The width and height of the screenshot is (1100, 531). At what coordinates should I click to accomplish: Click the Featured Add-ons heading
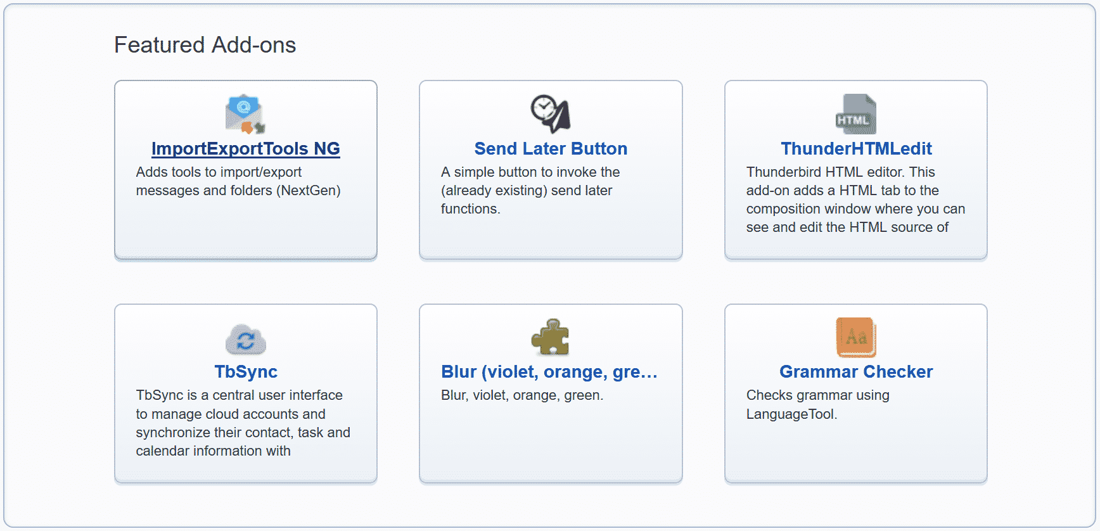tap(205, 45)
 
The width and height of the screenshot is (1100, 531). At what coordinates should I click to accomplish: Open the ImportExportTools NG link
tap(246, 148)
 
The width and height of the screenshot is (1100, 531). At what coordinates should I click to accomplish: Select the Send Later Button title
tap(551, 148)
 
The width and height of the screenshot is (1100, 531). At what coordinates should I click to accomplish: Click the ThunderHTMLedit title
tap(856, 148)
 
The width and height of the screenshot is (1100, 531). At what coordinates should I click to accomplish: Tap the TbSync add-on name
tap(246, 371)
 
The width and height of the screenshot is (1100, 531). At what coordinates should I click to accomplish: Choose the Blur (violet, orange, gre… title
tap(549, 371)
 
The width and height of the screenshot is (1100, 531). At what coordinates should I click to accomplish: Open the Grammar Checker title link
tap(856, 371)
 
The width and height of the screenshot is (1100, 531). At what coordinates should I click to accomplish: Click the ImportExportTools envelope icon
tap(245, 114)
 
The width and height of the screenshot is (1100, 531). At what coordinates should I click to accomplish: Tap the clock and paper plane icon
tap(551, 114)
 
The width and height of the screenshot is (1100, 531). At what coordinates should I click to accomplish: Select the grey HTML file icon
tap(856, 114)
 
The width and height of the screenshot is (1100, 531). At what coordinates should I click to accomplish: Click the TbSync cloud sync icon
tap(246, 339)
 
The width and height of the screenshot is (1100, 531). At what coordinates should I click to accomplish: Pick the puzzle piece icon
tap(551, 337)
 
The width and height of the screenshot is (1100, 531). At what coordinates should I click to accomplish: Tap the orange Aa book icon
tap(856, 337)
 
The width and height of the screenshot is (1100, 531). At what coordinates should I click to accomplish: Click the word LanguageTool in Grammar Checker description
tap(791, 414)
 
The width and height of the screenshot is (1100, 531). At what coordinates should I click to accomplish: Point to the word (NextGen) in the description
tap(308, 190)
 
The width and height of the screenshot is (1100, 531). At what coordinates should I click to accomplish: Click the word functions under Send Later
tap(470, 208)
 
